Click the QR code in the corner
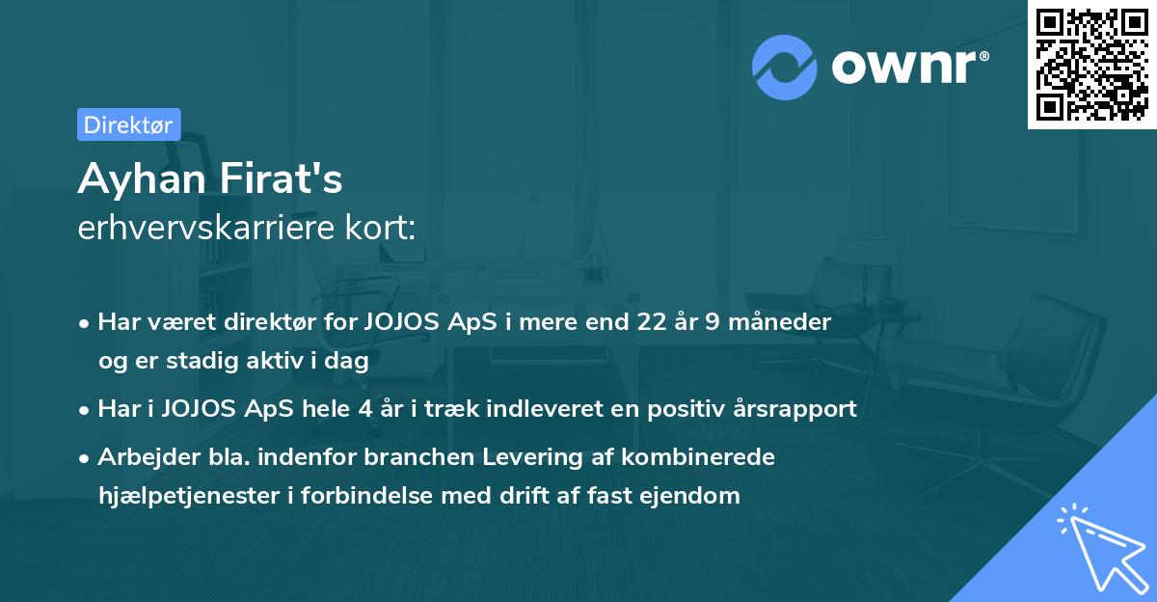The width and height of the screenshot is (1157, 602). pos(1092,64)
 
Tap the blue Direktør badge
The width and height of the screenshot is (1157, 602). pos(128,124)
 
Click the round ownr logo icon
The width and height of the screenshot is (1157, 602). pos(785,67)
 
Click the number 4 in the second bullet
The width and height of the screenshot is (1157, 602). pos(364,408)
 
